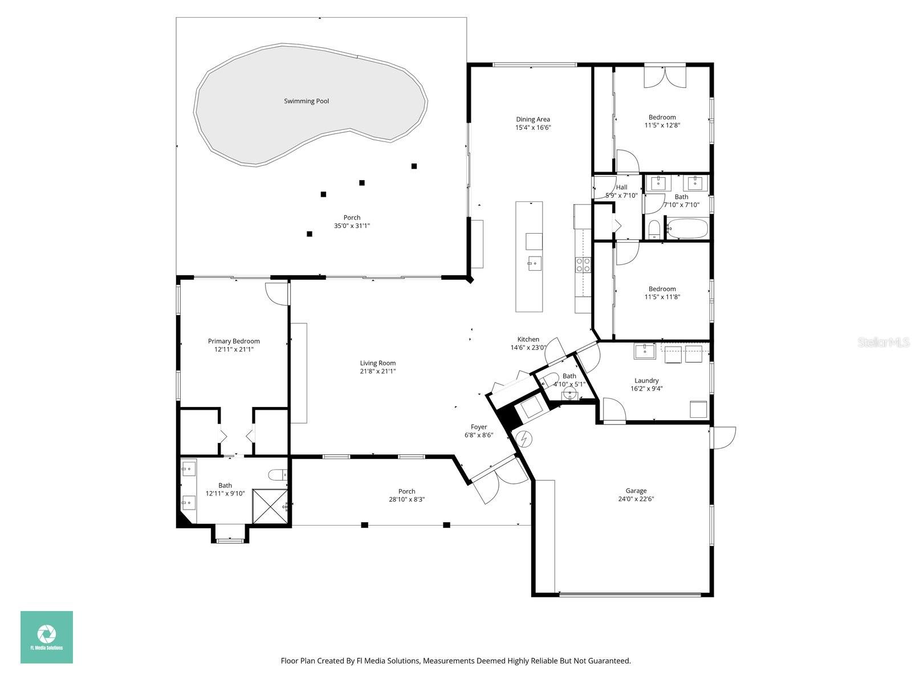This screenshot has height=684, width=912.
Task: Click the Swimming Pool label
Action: (306, 101)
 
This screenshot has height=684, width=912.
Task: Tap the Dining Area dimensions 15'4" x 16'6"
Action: (533, 128)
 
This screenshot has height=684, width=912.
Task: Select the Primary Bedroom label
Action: (234, 341)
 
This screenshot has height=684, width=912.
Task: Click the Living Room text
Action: (377, 363)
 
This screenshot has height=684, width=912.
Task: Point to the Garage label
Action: (636, 490)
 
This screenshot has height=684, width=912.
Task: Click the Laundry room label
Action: (646, 380)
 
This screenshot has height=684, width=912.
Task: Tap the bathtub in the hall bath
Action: (687, 229)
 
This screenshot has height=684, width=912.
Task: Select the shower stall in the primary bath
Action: (268, 505)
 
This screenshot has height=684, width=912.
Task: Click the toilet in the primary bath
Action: (278, 474)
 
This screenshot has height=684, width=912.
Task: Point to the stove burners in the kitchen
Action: (583, 264)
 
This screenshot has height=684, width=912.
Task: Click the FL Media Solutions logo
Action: (47, 637)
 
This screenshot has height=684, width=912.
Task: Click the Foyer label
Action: (479, 426)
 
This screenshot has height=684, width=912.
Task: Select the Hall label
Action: (621, 187)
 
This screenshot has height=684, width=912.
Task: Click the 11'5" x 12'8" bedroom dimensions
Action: (662, 125)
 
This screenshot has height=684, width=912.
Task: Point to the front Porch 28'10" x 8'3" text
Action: (406, 499)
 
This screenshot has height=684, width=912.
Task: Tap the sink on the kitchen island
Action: (534, 263)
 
